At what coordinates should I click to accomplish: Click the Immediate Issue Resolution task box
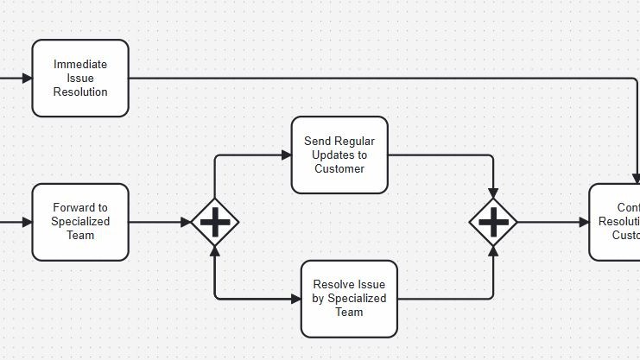click(x=80, y=78)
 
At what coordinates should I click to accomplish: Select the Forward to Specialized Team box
click(x=80, y=222)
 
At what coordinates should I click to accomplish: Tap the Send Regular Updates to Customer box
click(x=339, y=155)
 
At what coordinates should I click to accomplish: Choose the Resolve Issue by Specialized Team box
click(x=349, y=299)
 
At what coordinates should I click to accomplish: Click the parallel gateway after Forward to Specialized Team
click(x=214, y=222)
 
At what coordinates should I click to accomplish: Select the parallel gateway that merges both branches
click(x=493, y=222)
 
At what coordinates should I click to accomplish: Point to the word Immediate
click(x=80, y=64)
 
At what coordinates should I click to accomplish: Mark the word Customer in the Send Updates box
click(x=339, y=168)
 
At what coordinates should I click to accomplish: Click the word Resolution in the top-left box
click(x=80, y=92)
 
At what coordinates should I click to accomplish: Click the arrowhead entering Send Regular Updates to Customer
click(x=286, y=155)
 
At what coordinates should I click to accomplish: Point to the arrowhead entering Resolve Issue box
click(x=295, y=299)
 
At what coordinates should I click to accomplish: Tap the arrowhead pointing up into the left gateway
click(x=214, y=251)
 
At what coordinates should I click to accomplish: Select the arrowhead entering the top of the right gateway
click(x=493, y=193)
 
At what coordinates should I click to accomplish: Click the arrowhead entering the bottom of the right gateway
click(x=493, y=251)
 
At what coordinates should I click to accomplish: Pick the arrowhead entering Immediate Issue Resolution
click(x=26, y=78)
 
